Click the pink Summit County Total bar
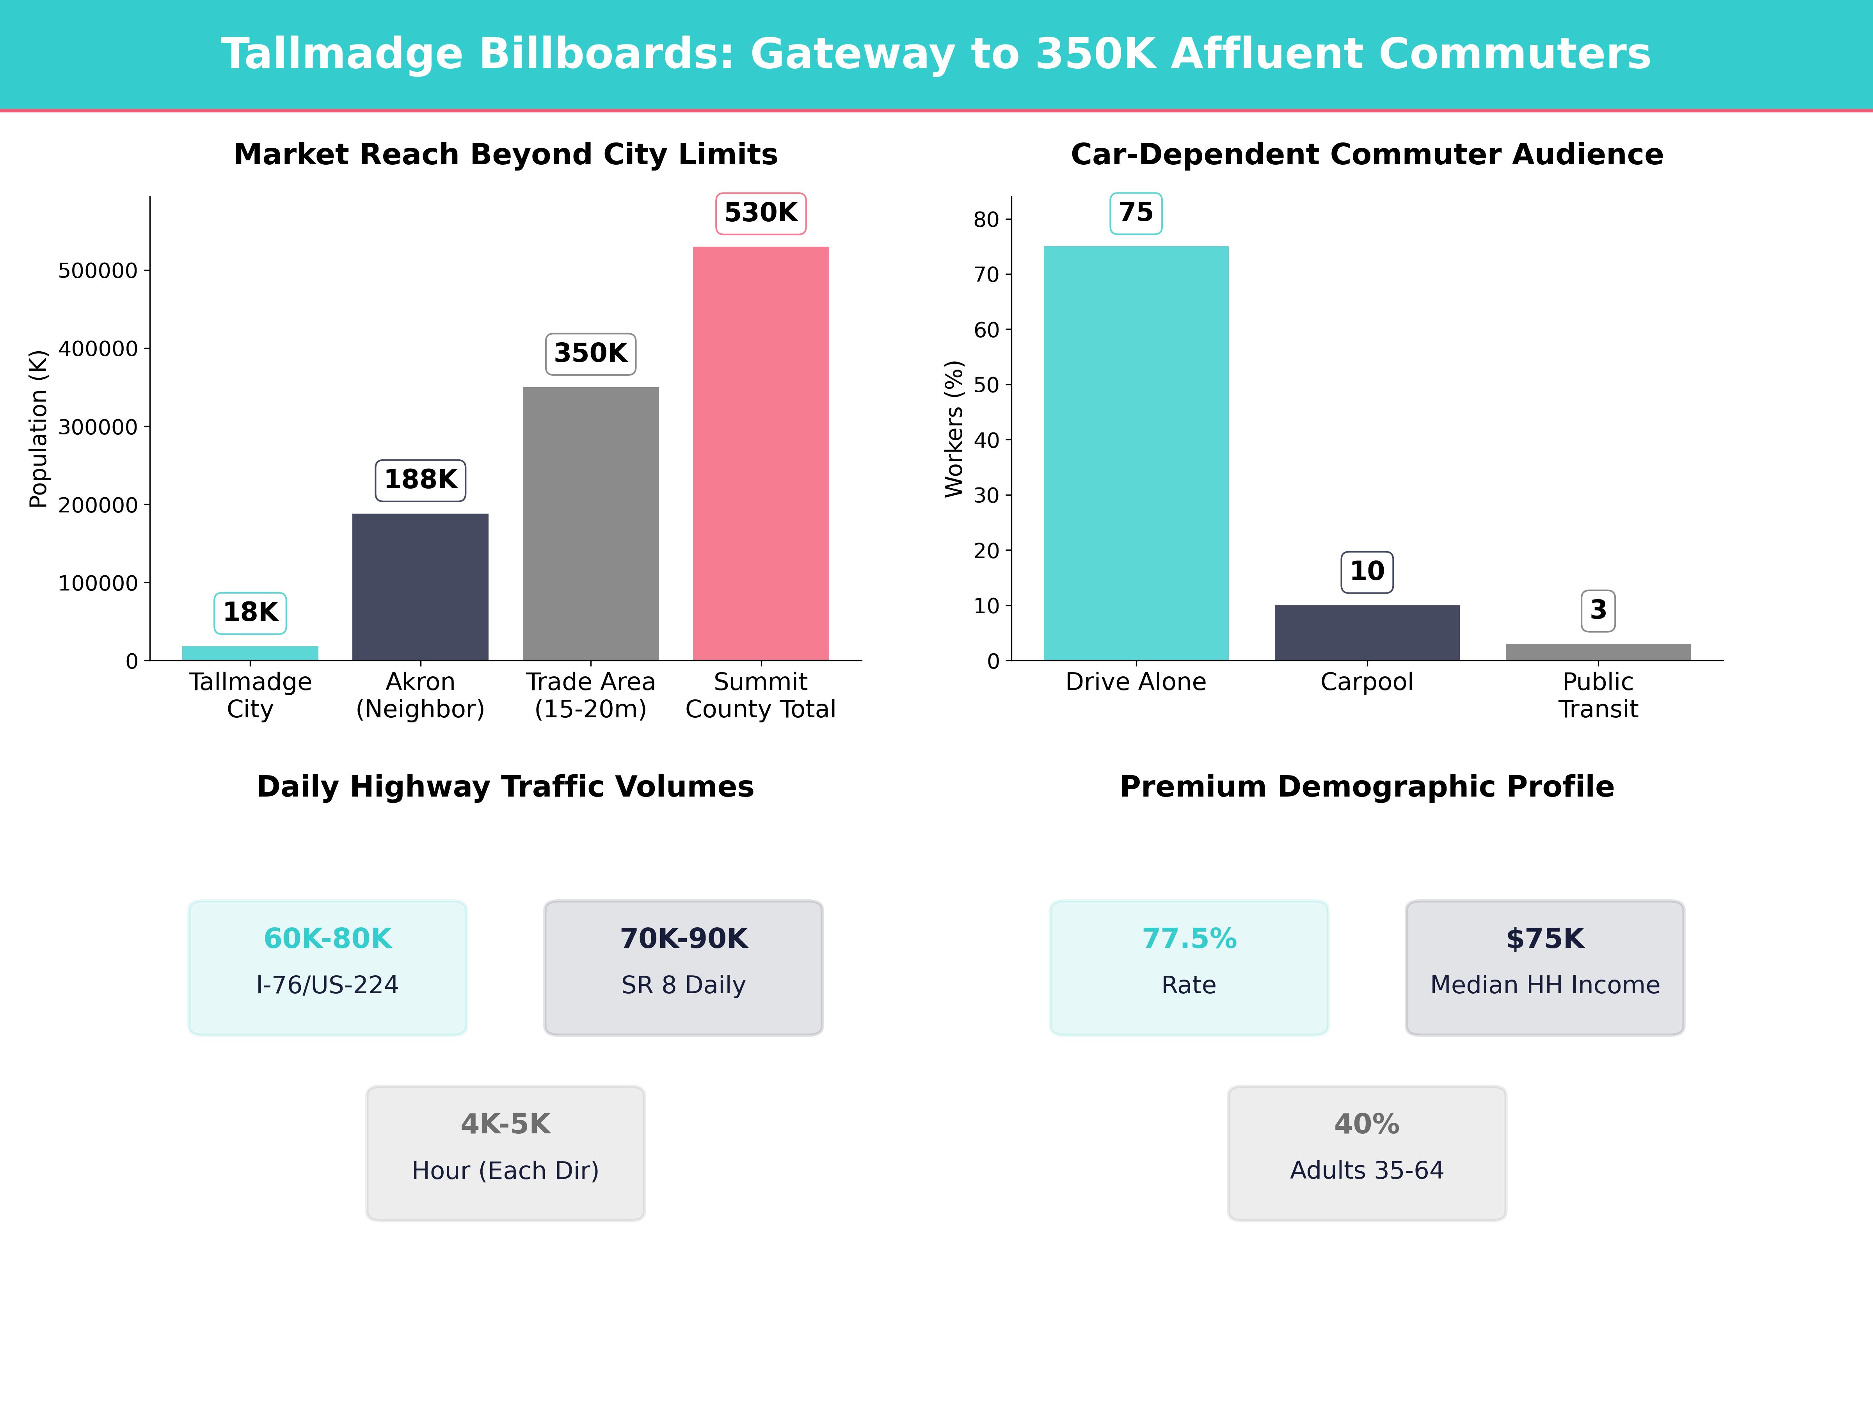pyautogui.click(x=761, y=453)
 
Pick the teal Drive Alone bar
pyautogui.click(x=1136, y=453)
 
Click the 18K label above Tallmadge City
pyautogui.click(x=250, y=612)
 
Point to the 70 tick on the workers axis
pyautogui.click(x=986, y=274)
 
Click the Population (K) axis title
pyautogui.click(x=38, y=429)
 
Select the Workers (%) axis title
pyautogui.click(x=954, y=429)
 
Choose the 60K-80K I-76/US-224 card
pyautogui.click(x=328, y=967)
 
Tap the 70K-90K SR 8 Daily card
pyautogui.click(x=683, y=967)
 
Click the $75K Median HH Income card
pyautogui.click(x=1544, y=967)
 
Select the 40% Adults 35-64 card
pyautogui.click(x=1367, y=1152)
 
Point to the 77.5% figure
pyautogui.click(x=1189, y=938)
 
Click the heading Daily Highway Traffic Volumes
pyautogui.click(x=505, y=787)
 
